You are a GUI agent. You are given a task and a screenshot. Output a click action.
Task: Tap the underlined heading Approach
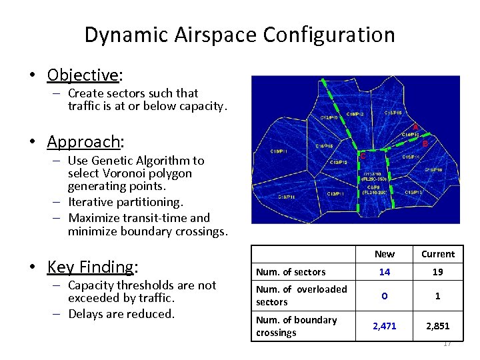(83, 141)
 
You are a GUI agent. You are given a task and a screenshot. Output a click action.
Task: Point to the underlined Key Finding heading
(91, 267)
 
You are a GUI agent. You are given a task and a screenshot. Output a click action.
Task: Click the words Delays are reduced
(121, 313)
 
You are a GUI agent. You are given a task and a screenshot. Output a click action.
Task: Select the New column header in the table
(385, 254)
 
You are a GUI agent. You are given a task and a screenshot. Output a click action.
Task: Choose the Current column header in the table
(437, 254)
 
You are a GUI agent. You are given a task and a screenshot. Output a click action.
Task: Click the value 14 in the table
(385, 272)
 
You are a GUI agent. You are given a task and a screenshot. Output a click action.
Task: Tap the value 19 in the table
(437, 272)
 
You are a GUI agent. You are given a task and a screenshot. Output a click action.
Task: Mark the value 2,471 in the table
(385, 326)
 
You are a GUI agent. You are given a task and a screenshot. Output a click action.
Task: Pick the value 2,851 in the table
(437, 326)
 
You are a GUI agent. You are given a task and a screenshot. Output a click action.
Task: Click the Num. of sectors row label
(291, 272)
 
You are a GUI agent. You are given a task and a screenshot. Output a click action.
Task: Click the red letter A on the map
(415, 127)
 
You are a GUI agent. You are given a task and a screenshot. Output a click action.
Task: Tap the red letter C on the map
(363, 156)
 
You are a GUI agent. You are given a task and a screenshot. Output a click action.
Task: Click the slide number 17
(447, 343)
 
